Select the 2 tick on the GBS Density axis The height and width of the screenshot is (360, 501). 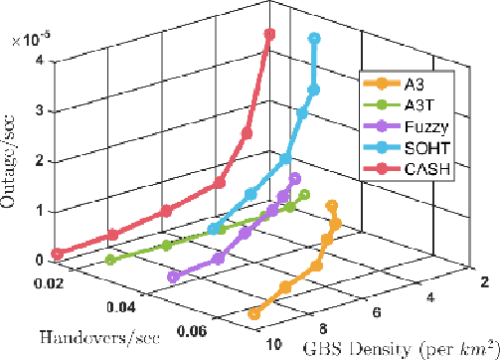coord(483,283)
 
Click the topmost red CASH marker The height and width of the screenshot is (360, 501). coord(268,35)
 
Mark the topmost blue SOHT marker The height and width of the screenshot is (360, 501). coord(314,39)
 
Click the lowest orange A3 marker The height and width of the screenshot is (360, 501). coord(253,314)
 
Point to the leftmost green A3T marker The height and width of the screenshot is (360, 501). coord(108,261)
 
